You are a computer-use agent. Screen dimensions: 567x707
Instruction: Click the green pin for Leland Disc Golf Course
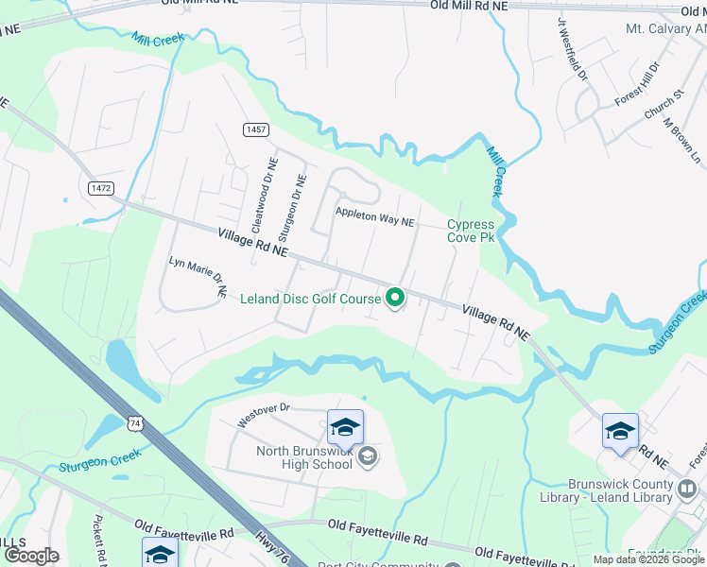point(395,299)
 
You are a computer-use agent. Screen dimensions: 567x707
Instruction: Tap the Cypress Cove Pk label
point(471,231)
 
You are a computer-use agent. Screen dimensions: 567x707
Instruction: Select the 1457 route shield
point(256,129)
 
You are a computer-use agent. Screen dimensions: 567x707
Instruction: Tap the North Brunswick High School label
point(304,457)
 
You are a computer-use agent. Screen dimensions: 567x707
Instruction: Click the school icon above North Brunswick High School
point(345,427)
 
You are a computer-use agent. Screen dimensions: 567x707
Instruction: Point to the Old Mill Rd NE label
point(469,6)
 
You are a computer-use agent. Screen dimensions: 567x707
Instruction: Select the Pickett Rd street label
point(98,540)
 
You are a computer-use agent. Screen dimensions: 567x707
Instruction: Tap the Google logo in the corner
point(30,556)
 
